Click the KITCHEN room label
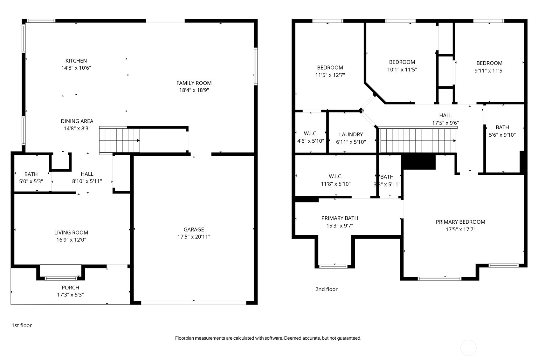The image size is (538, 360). [x=76, y=61]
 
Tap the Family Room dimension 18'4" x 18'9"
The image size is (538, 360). [x=194, y=90]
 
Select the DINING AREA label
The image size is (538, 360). [x=77, y=121]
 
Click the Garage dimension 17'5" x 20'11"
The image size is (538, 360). [x=194, y=237]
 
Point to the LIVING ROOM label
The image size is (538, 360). [x=71, y=233]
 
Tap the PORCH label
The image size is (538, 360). [x=70, y=288]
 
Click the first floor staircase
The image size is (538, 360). [x=119, y=140]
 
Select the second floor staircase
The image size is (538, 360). [x=417, y=140]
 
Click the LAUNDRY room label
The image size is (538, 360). [x=351, y=134]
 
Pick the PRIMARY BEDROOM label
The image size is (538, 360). [x=460, y=222]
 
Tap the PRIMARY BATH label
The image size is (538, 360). [x=339, y=218]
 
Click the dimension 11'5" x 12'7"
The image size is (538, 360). [x=330, y=75]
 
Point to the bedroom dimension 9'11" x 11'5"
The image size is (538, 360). [x=489, y=71]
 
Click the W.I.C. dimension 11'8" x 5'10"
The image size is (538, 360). [x=335, y=184]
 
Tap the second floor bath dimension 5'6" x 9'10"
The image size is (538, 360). [x=502, y=135]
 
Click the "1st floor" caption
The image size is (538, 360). [x=22, y=325]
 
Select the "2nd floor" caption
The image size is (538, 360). [x=326, y=289]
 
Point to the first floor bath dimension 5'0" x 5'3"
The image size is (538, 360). [x=31, y=181]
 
